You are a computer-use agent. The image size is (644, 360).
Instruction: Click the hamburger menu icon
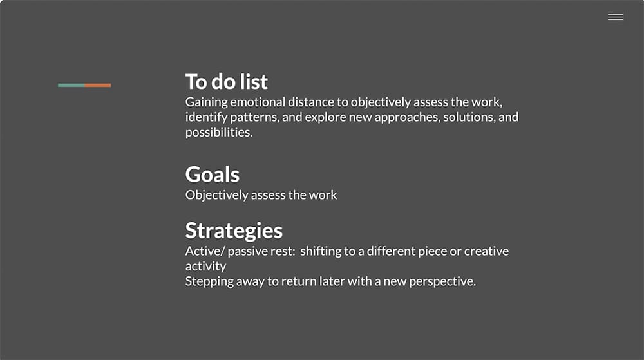pos(616,17)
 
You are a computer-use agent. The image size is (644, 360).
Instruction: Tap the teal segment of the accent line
pos(71,86)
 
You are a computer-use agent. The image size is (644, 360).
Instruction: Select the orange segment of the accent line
pos(98,86)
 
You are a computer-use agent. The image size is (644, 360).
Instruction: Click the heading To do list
pos(226,81)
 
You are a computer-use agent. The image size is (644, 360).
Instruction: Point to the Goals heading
pos(213,174)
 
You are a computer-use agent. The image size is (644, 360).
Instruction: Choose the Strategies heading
pos(234,231)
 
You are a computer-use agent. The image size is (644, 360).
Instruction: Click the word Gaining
pos(206,102)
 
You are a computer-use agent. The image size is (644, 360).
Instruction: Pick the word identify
pos(206,118)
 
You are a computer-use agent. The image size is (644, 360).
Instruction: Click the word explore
pos(325,118)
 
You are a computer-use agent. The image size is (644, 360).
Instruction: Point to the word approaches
pos(407,118)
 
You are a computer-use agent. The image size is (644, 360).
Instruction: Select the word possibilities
pos(219,133)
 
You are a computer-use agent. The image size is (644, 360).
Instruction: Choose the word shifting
pos(321,252)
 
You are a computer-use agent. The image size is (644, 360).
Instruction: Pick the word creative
pos(486,251)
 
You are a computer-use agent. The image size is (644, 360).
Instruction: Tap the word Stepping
pos(209,282)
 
